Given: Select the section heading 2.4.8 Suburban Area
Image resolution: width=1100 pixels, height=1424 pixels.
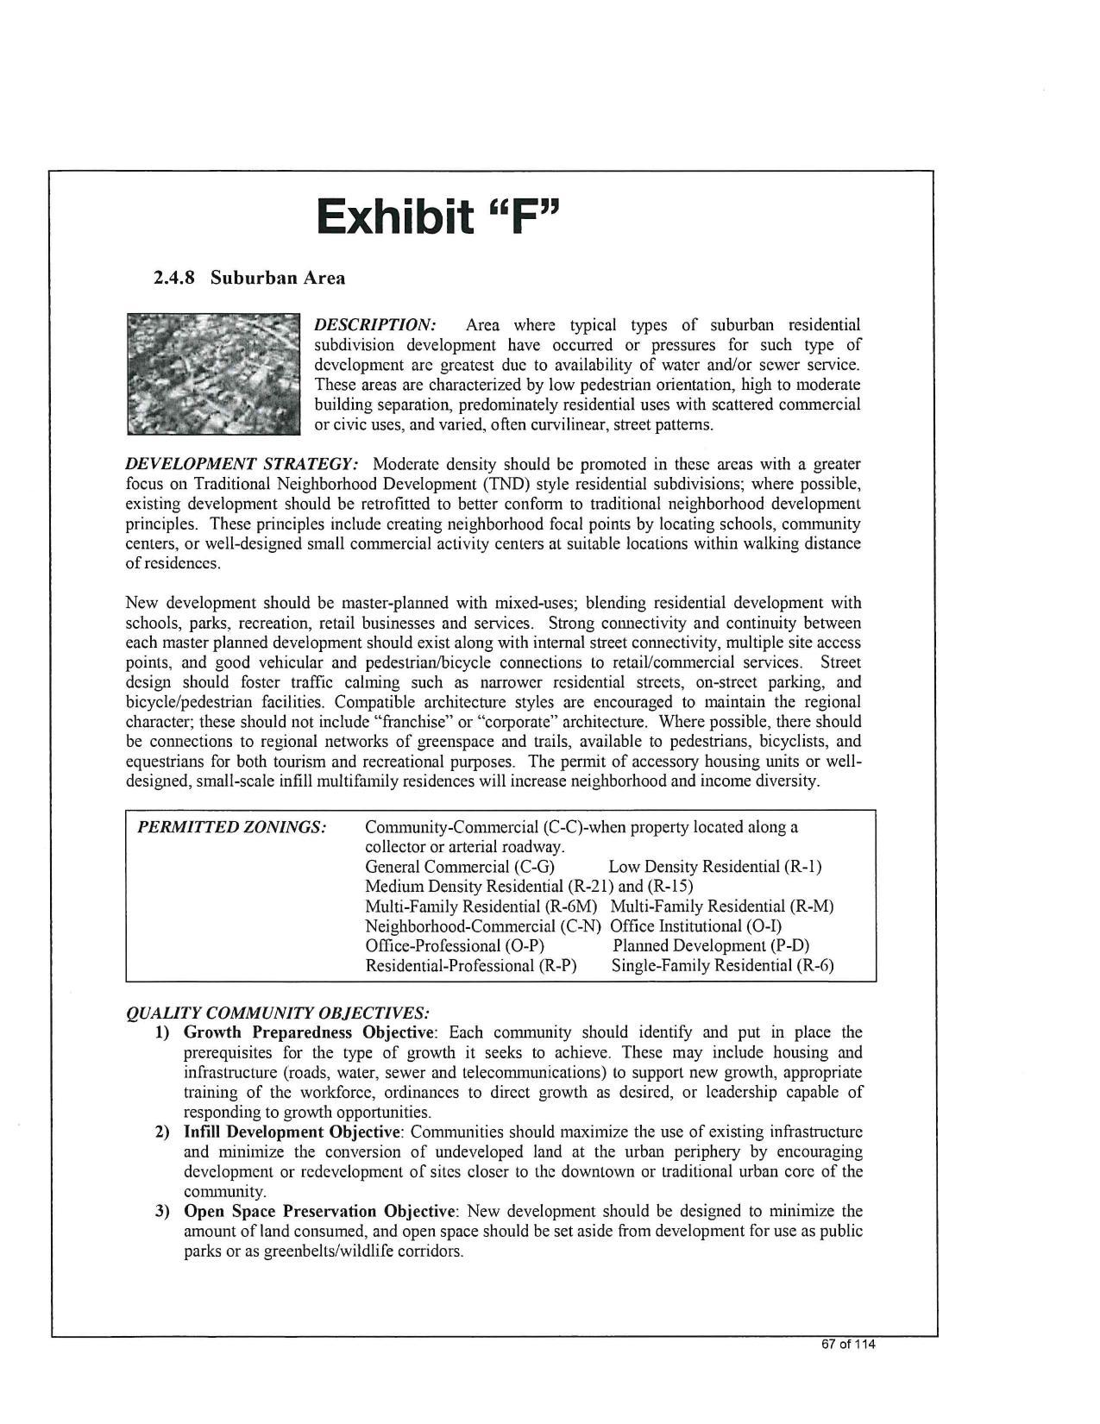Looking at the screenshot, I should click(x=249, y=278).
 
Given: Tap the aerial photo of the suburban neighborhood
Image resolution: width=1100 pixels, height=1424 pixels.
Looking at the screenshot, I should click(x=212, y=373).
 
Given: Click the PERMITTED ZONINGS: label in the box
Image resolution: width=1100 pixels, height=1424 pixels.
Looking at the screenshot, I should click(x=232, y=827).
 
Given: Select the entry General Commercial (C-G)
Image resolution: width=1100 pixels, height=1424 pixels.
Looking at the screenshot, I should click(x=460, y=867).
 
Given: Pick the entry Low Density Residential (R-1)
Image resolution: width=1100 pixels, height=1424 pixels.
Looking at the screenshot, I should click(x=715, y=867).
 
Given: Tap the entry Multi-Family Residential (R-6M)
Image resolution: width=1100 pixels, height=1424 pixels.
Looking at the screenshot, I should click(x=481, y=906).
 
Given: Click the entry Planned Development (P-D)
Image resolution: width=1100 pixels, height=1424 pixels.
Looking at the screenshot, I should click(x=711, y=946).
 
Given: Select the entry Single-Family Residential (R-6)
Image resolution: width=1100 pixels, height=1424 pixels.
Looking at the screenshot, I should click(x=722, y=966).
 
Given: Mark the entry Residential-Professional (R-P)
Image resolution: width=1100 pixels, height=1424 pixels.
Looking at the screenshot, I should click(x=471, y=966).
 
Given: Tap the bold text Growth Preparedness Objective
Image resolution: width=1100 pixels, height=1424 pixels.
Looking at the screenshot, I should click(x=308, y=1032).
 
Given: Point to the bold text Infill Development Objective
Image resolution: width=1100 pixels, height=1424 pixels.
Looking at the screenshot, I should click(x=292, y=1132).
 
